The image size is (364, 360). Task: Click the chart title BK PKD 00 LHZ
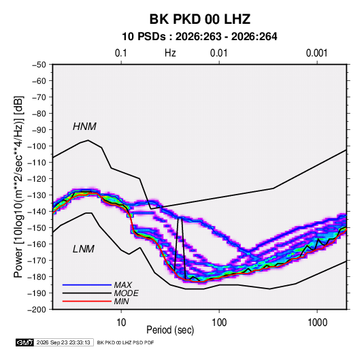(x=200, y=19)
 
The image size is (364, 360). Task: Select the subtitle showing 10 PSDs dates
(x=199, y=37)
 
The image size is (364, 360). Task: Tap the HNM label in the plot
(x=84, y=127)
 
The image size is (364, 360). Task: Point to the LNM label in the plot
(x=84, y=249)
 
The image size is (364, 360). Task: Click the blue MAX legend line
(x=87, y=284)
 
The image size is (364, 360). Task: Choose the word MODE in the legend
(x=127, y=293)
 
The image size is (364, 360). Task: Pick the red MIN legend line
(x=87, y=301)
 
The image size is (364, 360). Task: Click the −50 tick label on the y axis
(x=39, y=65)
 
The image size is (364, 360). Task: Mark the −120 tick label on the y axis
(x=37, y=179)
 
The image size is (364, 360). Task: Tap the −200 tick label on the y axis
(x=37, y=310)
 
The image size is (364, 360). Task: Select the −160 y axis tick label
(x=37, y=244)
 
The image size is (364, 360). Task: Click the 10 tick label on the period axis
(x=121, y=323)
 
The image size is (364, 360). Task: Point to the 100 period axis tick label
(x=219, y=323)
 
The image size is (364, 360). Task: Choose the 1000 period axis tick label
(x=317, y=323)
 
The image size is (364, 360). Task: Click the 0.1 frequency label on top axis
(x=121, y=53)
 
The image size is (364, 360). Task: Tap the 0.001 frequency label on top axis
(x=317, y=53)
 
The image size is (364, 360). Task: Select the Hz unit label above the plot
(x=170, y=53)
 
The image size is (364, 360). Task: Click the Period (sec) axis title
(x=170, y=330)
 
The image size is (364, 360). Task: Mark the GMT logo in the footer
(x=25, y=342)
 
